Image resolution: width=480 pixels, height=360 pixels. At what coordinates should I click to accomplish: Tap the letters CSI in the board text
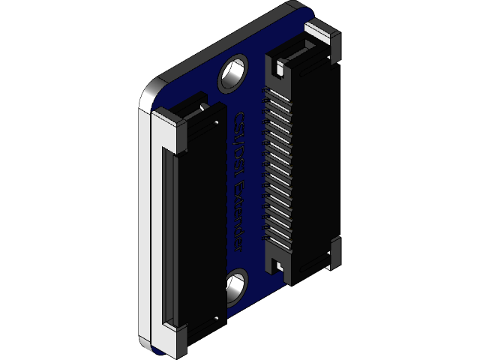(x=241, y=127)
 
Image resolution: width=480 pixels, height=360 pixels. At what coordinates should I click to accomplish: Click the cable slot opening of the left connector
(x=167, y=232)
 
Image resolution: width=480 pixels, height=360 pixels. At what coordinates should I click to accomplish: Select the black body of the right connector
(x=315, y=165)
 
